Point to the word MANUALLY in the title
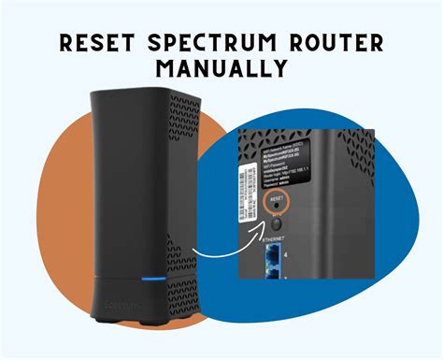pos(221,71)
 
